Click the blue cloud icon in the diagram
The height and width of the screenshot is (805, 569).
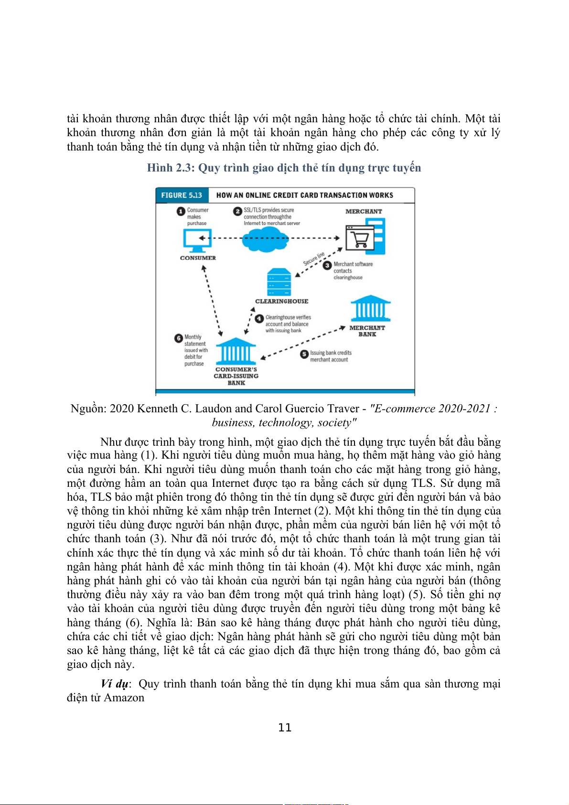(x=265, y=238)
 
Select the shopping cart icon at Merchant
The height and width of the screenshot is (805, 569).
(x=359, y=237)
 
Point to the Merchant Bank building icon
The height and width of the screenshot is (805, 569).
(x=370, y=309)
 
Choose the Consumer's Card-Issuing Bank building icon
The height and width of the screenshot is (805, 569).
(x=236, y=352)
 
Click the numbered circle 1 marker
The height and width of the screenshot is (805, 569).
(x=181, y=211)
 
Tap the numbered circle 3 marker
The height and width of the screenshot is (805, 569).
(x=327, y=265)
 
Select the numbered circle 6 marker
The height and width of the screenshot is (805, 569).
(x=179, y=338)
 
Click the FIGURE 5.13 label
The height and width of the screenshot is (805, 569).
(x=182, y=195)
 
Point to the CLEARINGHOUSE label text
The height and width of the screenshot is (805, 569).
(x=281, y=301)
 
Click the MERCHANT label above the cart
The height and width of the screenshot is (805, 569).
(x=364, y=211)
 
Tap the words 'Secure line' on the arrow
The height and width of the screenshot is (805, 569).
(x=314, y=258)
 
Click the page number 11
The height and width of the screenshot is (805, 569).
(x=285, y=728)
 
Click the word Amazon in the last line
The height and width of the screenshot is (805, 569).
(x=124, y=698)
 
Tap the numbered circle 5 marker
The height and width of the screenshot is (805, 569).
(x=304, y=354)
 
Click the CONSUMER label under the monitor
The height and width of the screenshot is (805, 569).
(x=198, y=258)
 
